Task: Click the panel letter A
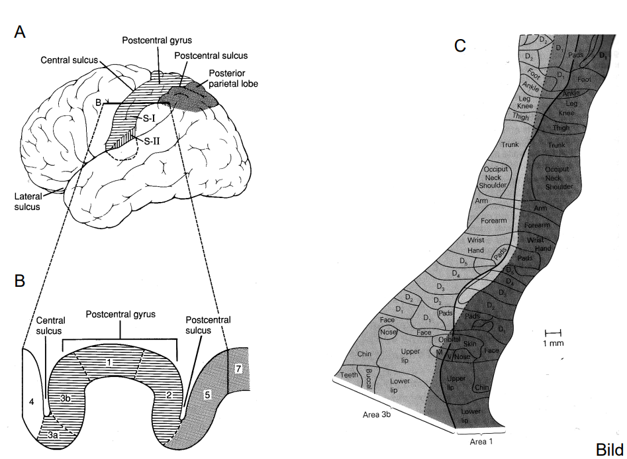point(20,32)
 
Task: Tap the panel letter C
point(460,45)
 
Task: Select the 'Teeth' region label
point(349,375)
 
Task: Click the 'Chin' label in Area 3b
point(365,354)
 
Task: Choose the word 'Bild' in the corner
point(609,450)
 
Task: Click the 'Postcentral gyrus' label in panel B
point(121,314)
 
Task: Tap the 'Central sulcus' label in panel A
point(70,60)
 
